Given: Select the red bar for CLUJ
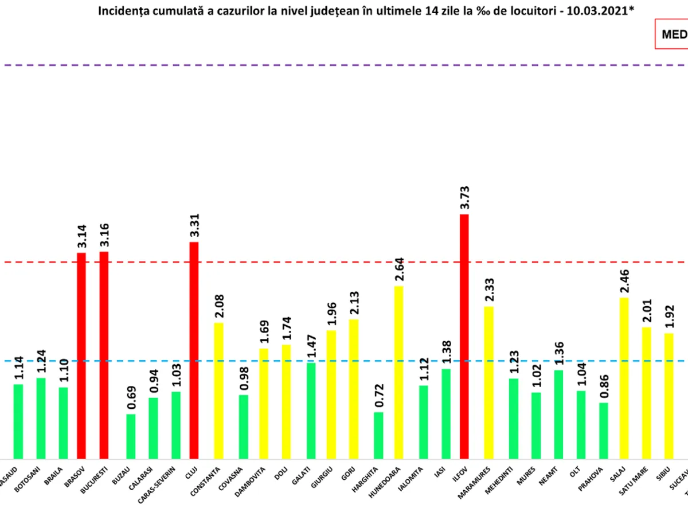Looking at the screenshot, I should (x=194, y=350).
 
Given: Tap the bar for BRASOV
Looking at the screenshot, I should (x=81, y=355).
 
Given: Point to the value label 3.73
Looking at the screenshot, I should (x=464, y=198).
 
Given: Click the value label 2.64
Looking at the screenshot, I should (x=399, y=269).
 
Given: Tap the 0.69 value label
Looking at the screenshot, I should (x=131, y=398).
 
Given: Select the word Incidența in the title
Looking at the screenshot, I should (x=120, y=11).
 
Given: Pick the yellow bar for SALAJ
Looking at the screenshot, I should (x=624, y=378).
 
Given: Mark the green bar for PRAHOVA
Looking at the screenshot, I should (x=604, y=430).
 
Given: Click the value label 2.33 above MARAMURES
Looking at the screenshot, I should (x=489, y=290).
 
